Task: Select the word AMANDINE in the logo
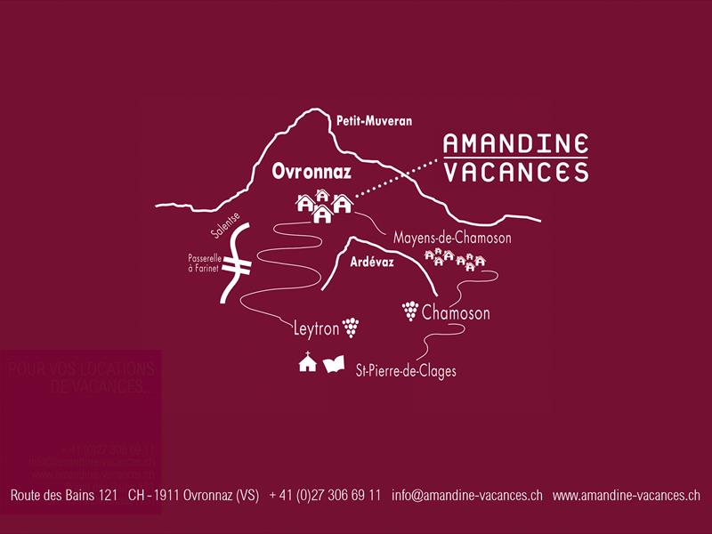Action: coord(516,143)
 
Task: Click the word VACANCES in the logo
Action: coord(516,172)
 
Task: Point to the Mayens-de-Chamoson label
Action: coord(452,239)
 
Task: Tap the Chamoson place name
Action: coord(456,313)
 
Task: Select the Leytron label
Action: coord(316,329)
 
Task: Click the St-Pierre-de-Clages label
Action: coord(405,370)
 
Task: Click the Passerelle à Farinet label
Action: coord(204,263)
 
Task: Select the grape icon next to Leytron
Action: coord(352,328)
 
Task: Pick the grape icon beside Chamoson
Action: coord(410,310)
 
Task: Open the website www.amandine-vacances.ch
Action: coord(627,495)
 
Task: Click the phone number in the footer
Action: coord(325,495)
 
